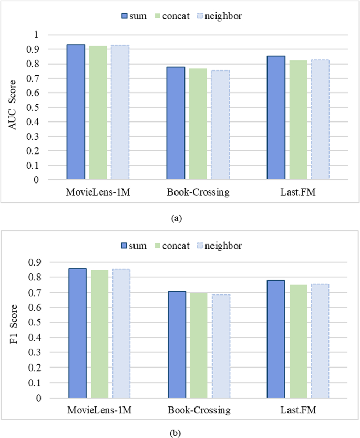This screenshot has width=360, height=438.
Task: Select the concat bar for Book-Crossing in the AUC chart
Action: point(198,124)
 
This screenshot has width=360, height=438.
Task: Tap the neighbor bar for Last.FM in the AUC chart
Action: point(320,120)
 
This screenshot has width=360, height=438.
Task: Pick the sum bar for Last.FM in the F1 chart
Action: point(276,339)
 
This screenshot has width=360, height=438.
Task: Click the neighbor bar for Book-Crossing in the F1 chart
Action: point(220,346)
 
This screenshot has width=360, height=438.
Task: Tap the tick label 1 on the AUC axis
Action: point(36,35)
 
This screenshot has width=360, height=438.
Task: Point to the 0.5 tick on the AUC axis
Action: point(34,107)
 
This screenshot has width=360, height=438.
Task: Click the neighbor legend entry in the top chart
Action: point(220,16)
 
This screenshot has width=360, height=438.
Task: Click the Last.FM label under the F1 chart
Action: point(298,409)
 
